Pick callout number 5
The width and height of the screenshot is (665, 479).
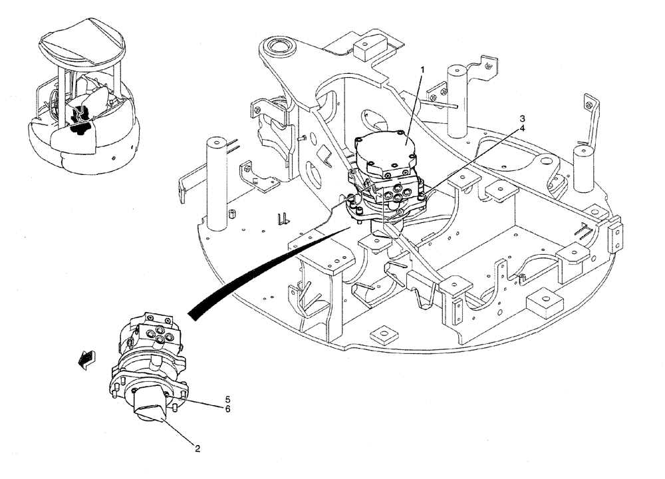coord(227,400)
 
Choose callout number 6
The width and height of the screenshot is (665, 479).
coord(227,409)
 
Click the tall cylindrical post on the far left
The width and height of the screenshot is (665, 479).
coord(217,180)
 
